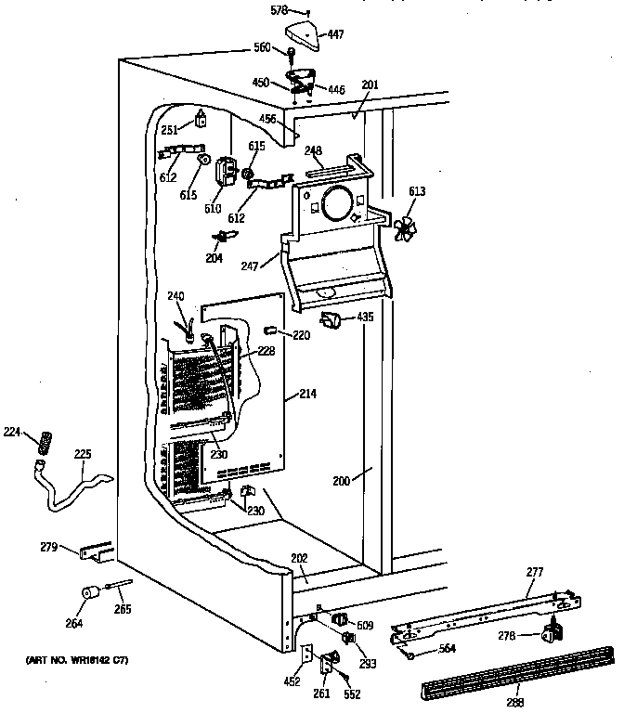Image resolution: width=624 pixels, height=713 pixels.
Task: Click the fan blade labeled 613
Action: click(x=405, y=228)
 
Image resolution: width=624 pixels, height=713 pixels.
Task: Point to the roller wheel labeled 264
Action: click(x=90, y=594)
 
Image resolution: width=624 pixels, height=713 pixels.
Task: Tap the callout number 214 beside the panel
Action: click(x=307, y=395)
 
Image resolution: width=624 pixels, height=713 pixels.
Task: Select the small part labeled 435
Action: click(x=330, y=320)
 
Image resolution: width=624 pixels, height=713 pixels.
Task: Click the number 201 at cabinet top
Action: click(x=370, y=85)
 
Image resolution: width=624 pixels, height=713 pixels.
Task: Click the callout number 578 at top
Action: click(x=278, y=11)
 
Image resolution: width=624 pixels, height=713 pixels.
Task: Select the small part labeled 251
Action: click(x=200, y=119)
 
